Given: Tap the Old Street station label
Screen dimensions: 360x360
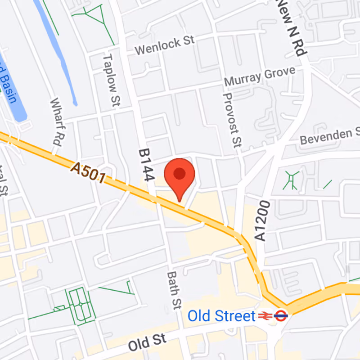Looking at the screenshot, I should point(221,316).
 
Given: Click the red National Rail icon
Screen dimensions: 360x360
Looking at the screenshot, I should point(264,316).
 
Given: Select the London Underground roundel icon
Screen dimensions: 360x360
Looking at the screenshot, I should point(281,315).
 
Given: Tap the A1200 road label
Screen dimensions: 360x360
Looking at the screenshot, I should point(263,221).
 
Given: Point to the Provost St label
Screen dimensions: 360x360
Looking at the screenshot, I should point(232,120).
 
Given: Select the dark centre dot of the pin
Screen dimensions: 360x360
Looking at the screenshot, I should point(180,174).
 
